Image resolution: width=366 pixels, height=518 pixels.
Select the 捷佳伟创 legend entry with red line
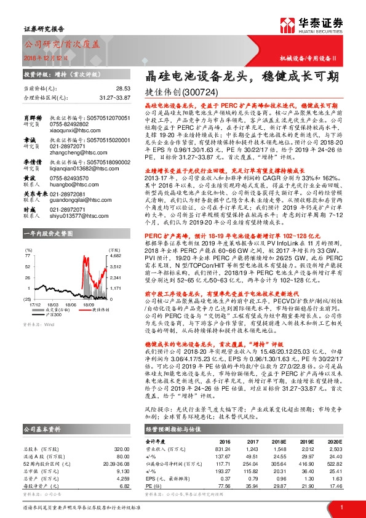point(90,309)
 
